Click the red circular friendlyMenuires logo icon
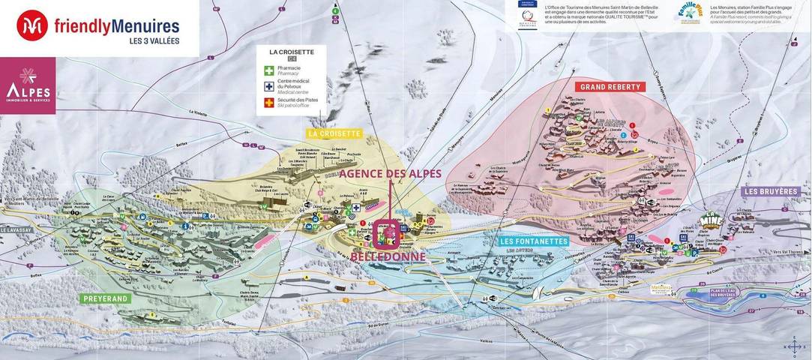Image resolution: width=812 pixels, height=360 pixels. pos(32,25)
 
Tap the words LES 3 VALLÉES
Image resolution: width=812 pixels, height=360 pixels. pos(149,40)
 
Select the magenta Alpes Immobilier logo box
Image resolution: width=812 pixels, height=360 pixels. pos(28,85)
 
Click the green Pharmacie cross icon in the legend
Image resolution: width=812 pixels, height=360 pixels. pos(268,70)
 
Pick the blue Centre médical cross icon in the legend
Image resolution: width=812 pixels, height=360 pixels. pos(268,86)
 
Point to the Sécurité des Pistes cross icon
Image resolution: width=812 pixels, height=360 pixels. pos(268,103)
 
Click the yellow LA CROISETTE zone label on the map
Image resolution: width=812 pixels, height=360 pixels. pos(334,133)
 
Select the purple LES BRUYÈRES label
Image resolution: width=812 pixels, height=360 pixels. pos(770,191)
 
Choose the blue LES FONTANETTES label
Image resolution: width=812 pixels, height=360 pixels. pos(535,241)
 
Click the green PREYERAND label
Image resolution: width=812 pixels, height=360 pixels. pos(106,298)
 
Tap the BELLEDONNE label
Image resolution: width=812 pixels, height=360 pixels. pos(388,256)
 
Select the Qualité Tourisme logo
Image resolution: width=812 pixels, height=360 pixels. pos(527,16)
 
